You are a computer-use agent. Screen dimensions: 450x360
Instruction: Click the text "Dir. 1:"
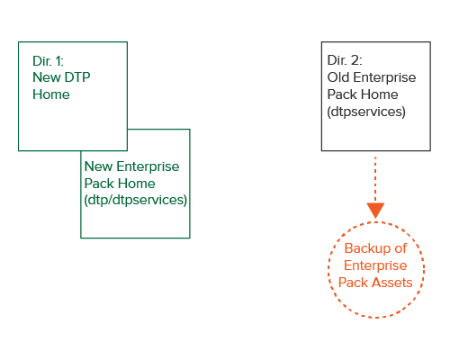pos(48,61)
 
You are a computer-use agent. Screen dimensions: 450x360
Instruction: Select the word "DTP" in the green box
pos(77,77)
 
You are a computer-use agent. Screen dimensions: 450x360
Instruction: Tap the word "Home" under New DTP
pos(51,94)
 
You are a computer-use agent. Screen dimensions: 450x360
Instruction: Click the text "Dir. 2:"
pos(345,60)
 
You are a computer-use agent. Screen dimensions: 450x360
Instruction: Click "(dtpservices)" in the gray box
pos(366,112)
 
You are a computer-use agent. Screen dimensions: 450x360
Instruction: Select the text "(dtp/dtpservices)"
pos(136,200)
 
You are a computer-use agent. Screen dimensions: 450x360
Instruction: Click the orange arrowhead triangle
pos(375,211)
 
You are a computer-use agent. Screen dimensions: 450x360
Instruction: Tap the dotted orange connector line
pos(375,179)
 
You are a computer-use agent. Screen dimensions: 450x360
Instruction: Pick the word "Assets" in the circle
pos(393,283)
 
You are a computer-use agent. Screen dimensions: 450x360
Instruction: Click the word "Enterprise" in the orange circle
pos(375,265)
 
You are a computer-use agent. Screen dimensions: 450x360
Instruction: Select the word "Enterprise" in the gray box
pos(384,77)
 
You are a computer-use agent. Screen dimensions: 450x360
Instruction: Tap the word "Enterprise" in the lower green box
pos(148,166)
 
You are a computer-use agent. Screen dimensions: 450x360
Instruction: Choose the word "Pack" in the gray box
pos(341,94)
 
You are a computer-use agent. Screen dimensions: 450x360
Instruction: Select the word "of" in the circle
pos(400,248)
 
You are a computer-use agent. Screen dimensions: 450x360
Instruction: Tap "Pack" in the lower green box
pos(98,184)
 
